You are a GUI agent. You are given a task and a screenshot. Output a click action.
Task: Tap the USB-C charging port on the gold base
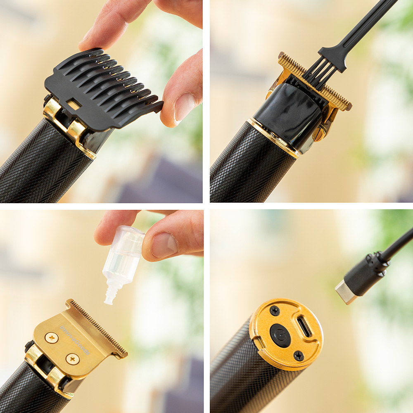304,327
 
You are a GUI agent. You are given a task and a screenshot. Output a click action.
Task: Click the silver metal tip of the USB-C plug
344,292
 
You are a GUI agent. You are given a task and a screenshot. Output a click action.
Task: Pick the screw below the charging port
299,356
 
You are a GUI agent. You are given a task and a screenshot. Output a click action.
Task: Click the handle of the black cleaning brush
363,29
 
